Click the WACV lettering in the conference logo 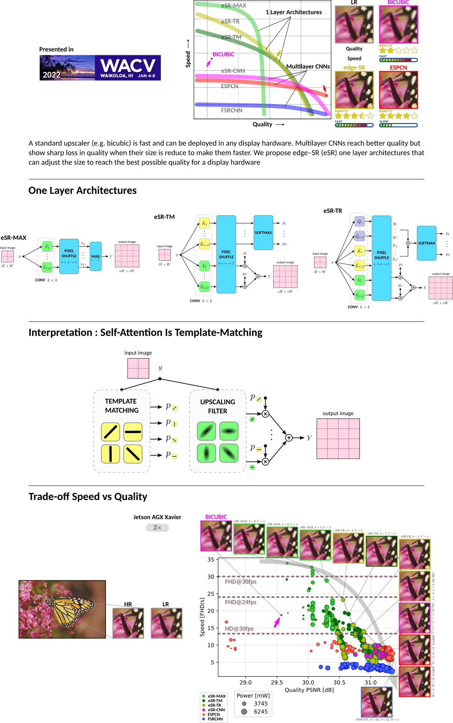(x=128, y=65)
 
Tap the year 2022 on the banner (x=52, y=75)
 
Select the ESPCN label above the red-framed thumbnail (x=398, y=67)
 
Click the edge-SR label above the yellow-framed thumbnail (x=354, y=67)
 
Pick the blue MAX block (x=95, y=256)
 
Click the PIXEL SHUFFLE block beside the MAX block (x=69, y=256)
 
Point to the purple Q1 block (x=360, y=221)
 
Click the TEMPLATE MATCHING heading (x=121, y=406)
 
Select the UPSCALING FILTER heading (x=218, y=406)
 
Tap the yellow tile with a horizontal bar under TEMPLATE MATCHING (x=133, y=432)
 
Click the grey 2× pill (x=157, y=528)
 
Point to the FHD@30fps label (x=241, y=582)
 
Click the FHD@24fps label (x=241, y=602)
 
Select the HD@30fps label (x=239, y=628)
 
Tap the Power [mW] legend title (x=253, y=695)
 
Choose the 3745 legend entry (x=261, y=704)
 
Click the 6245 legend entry (x=261, y=712)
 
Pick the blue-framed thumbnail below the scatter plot (x=377, y=702)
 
